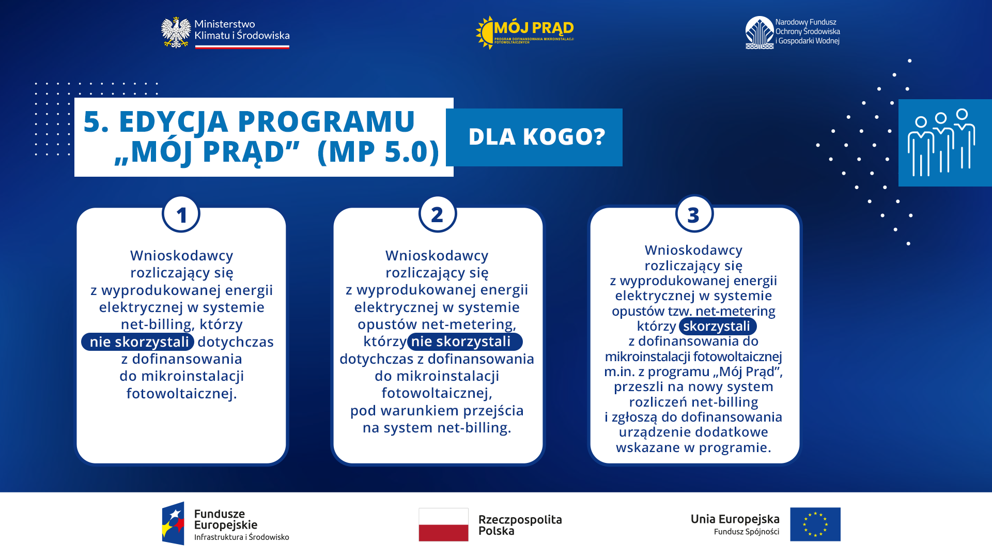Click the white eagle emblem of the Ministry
tap(176, 33)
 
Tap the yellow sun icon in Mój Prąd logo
tap(485, 33)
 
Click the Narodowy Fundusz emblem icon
tap(759, 33)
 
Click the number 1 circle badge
tap(181, 214)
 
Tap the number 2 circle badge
tap(438, 214)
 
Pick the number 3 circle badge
tap(694, 214)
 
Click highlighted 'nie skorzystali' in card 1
tap(138, 342)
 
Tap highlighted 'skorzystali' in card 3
tap(717, 327)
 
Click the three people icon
tap(941, 143)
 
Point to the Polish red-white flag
tap(443, 524)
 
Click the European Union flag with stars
tap(815, 524)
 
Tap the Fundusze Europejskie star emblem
tap(173, 523)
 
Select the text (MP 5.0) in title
tap(378, 151)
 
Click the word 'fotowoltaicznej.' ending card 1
tap(181, 394)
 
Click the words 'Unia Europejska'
tap(735, 519)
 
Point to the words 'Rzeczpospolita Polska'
tap(519, 525)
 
